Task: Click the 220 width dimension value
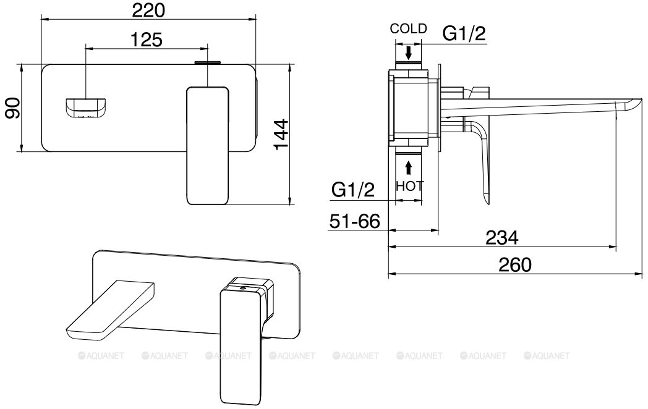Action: (x=148, y=11)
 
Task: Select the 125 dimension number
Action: (x=147, y=40)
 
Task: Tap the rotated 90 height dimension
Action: (x=12, y=108)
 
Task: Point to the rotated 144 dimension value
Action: (x=281, y=135)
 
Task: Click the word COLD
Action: (x=408, y=28)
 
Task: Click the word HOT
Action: (x=409, y=186)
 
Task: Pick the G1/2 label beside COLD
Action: (x=464, y=33)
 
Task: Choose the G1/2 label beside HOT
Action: (x=353, y=190)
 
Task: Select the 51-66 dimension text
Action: (x=354, y=221)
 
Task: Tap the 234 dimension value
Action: (x=501, y=237)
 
